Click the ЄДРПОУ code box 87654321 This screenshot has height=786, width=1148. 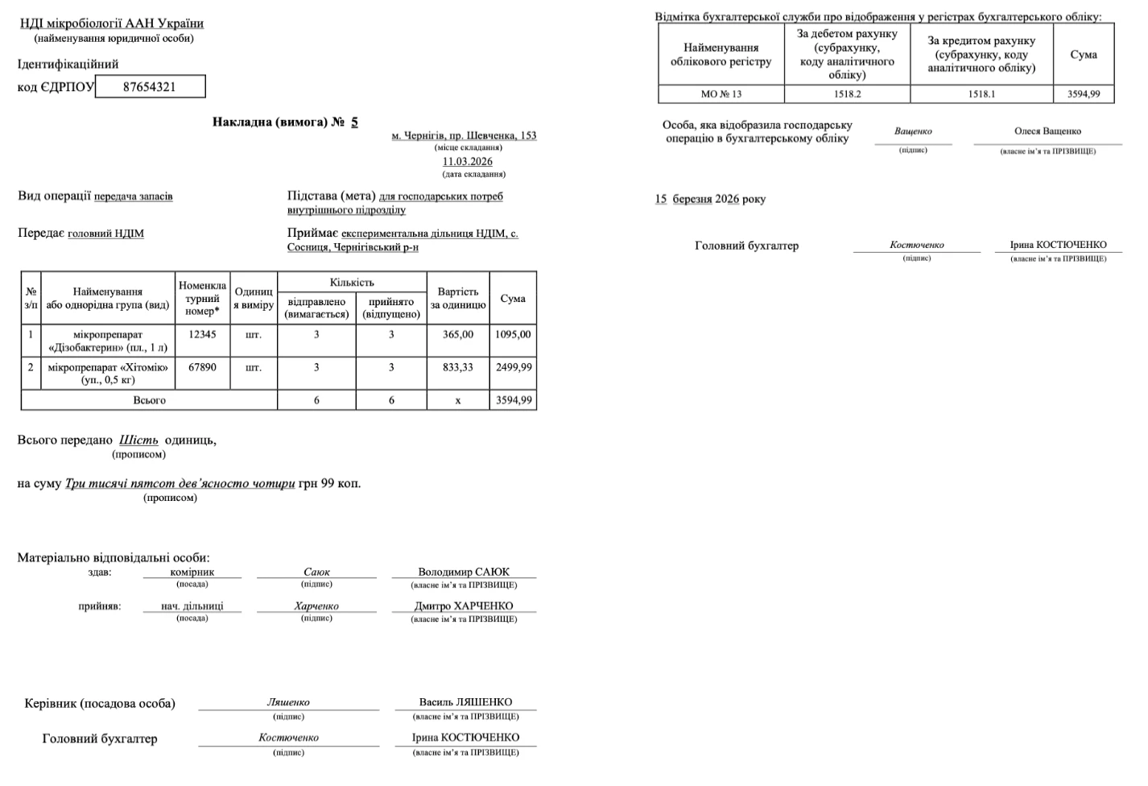point(150,87)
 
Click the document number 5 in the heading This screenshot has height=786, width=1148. point(354,122)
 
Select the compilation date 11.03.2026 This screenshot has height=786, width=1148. point(468,161)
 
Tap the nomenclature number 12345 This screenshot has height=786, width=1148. point(202,334)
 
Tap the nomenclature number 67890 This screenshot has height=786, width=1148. point(202,367)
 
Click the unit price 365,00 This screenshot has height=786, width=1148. point(457,334)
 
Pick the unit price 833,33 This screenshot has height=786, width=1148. point(457,367)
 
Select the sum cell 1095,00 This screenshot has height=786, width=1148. point(513,334)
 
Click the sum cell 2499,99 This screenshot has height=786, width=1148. point(513,367)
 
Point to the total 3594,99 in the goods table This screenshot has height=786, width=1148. point(513,400)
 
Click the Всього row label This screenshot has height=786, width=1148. point(149,400)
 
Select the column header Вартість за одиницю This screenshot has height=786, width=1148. point(457,298)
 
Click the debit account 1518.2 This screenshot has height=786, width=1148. point(847,94)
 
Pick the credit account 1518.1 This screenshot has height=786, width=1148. point(981,94)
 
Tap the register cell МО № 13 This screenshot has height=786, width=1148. point(721,94)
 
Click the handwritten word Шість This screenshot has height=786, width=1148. point(138,441)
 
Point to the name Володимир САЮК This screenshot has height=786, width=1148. point(464,573)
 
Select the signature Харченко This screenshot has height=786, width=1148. point(316,606)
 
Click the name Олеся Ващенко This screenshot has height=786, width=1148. point(1047,131)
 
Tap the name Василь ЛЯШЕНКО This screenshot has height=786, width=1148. point(465,702)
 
